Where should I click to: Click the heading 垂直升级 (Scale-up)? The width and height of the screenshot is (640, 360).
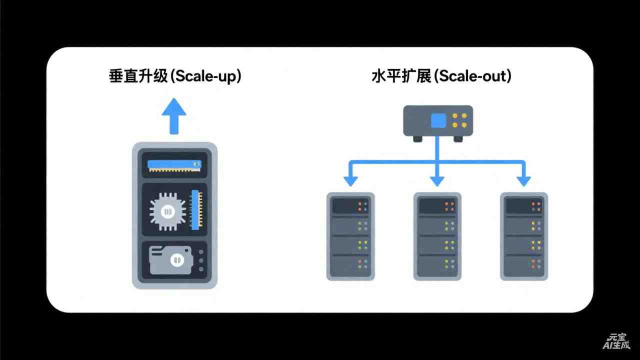point(174,76)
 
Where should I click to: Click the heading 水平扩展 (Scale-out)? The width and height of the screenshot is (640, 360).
point(441,76)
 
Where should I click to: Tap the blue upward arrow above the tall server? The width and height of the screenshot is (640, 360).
point(173,115)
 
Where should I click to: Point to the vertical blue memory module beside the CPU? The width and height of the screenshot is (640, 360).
point(196,210)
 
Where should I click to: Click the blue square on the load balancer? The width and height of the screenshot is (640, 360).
point(438,120)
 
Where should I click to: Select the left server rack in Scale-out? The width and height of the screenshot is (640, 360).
point(350,236)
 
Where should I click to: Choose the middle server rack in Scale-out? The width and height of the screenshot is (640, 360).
point(437,236)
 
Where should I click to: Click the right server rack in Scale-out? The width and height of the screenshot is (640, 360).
point(524,236)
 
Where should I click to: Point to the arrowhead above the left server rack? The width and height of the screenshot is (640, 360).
point(350,180)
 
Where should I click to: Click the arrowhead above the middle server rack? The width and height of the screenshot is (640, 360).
point(437,180)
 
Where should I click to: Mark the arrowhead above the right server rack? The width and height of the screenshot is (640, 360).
point(524,180)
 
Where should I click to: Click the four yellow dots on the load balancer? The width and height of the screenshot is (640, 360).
point(459,120)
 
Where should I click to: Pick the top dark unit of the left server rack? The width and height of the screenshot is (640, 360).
point(350,205)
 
